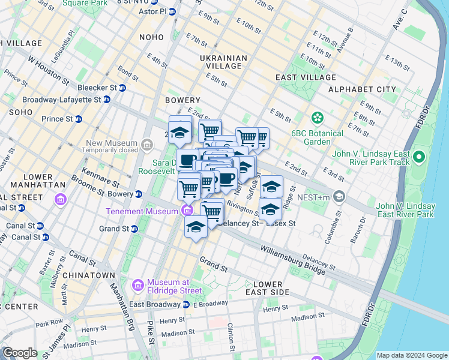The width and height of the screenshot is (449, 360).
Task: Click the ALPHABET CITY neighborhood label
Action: (362, 89)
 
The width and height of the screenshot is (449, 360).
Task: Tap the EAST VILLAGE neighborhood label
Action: (306, 77)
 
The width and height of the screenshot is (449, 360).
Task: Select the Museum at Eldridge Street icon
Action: (138, 283)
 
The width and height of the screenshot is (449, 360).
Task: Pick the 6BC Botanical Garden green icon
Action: (316, 118)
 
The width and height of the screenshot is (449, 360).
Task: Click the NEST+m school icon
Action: (339, 197)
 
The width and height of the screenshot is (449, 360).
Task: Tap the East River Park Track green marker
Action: (419, 158)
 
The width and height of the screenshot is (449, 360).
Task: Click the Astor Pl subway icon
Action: (172, 11)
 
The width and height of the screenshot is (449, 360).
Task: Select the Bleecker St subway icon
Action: (122, 88)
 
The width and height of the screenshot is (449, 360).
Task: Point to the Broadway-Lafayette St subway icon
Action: (107, 100)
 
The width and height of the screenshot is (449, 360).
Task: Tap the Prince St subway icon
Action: (78, 119)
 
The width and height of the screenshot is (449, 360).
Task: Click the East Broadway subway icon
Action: (185, 304)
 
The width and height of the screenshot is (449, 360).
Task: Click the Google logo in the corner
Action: (20, 353)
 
